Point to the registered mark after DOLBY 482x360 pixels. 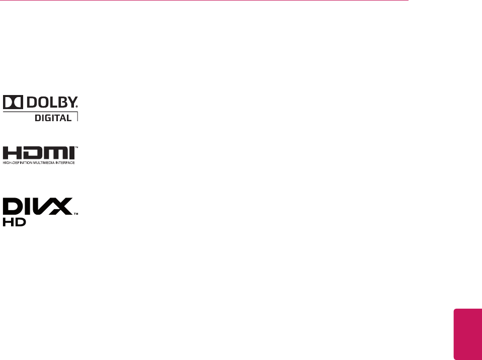[x=77, y=107]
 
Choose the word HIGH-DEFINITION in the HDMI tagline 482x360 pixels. [x=16, y=163]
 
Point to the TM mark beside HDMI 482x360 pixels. [x=76, y=148]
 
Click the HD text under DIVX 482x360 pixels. [x=12, y=222]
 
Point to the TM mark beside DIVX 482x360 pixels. [x=76, y=214]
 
